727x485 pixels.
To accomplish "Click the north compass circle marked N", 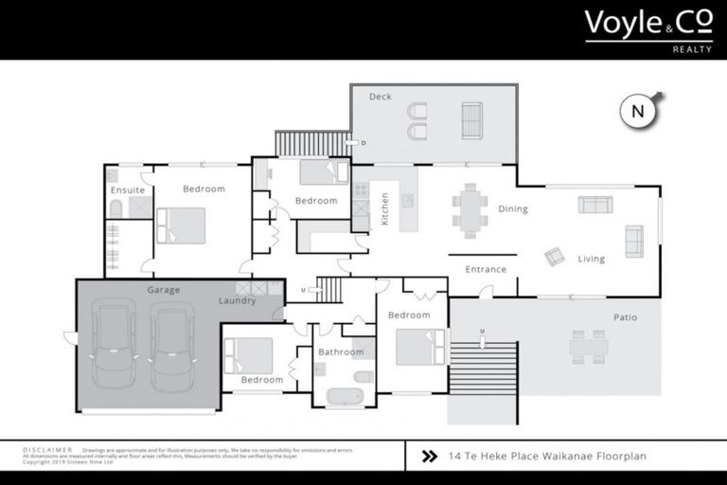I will pyautogui.click(x=638, y=111).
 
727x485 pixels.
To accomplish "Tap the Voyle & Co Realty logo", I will pyautogui.click(x=648, y=27).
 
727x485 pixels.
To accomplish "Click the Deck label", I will pyautogui.click(x=380, y=97).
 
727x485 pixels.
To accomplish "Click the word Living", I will pyautogui.click(x=592, y=259).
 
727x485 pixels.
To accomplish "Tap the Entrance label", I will pyautogui.click(x=486, y=269).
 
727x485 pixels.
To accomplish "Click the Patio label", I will pyautogui.click(x=625, y=317).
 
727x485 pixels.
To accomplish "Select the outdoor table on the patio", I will pyautogui.click(x=588, y=346).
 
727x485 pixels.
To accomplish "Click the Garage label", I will pyautogui.click(x=163, y=290).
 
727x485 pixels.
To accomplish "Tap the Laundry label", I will pyautogui.click(x=237, y=301).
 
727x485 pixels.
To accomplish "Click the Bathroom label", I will pyautogui.click(x=341, y=352).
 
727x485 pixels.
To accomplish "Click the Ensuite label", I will pyautogui.click(x=128, y=190).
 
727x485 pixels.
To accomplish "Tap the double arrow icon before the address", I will pyautogui.click(x=428, y=456).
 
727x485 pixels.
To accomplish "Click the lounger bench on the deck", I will pyautogui.click(x=471, y=120).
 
